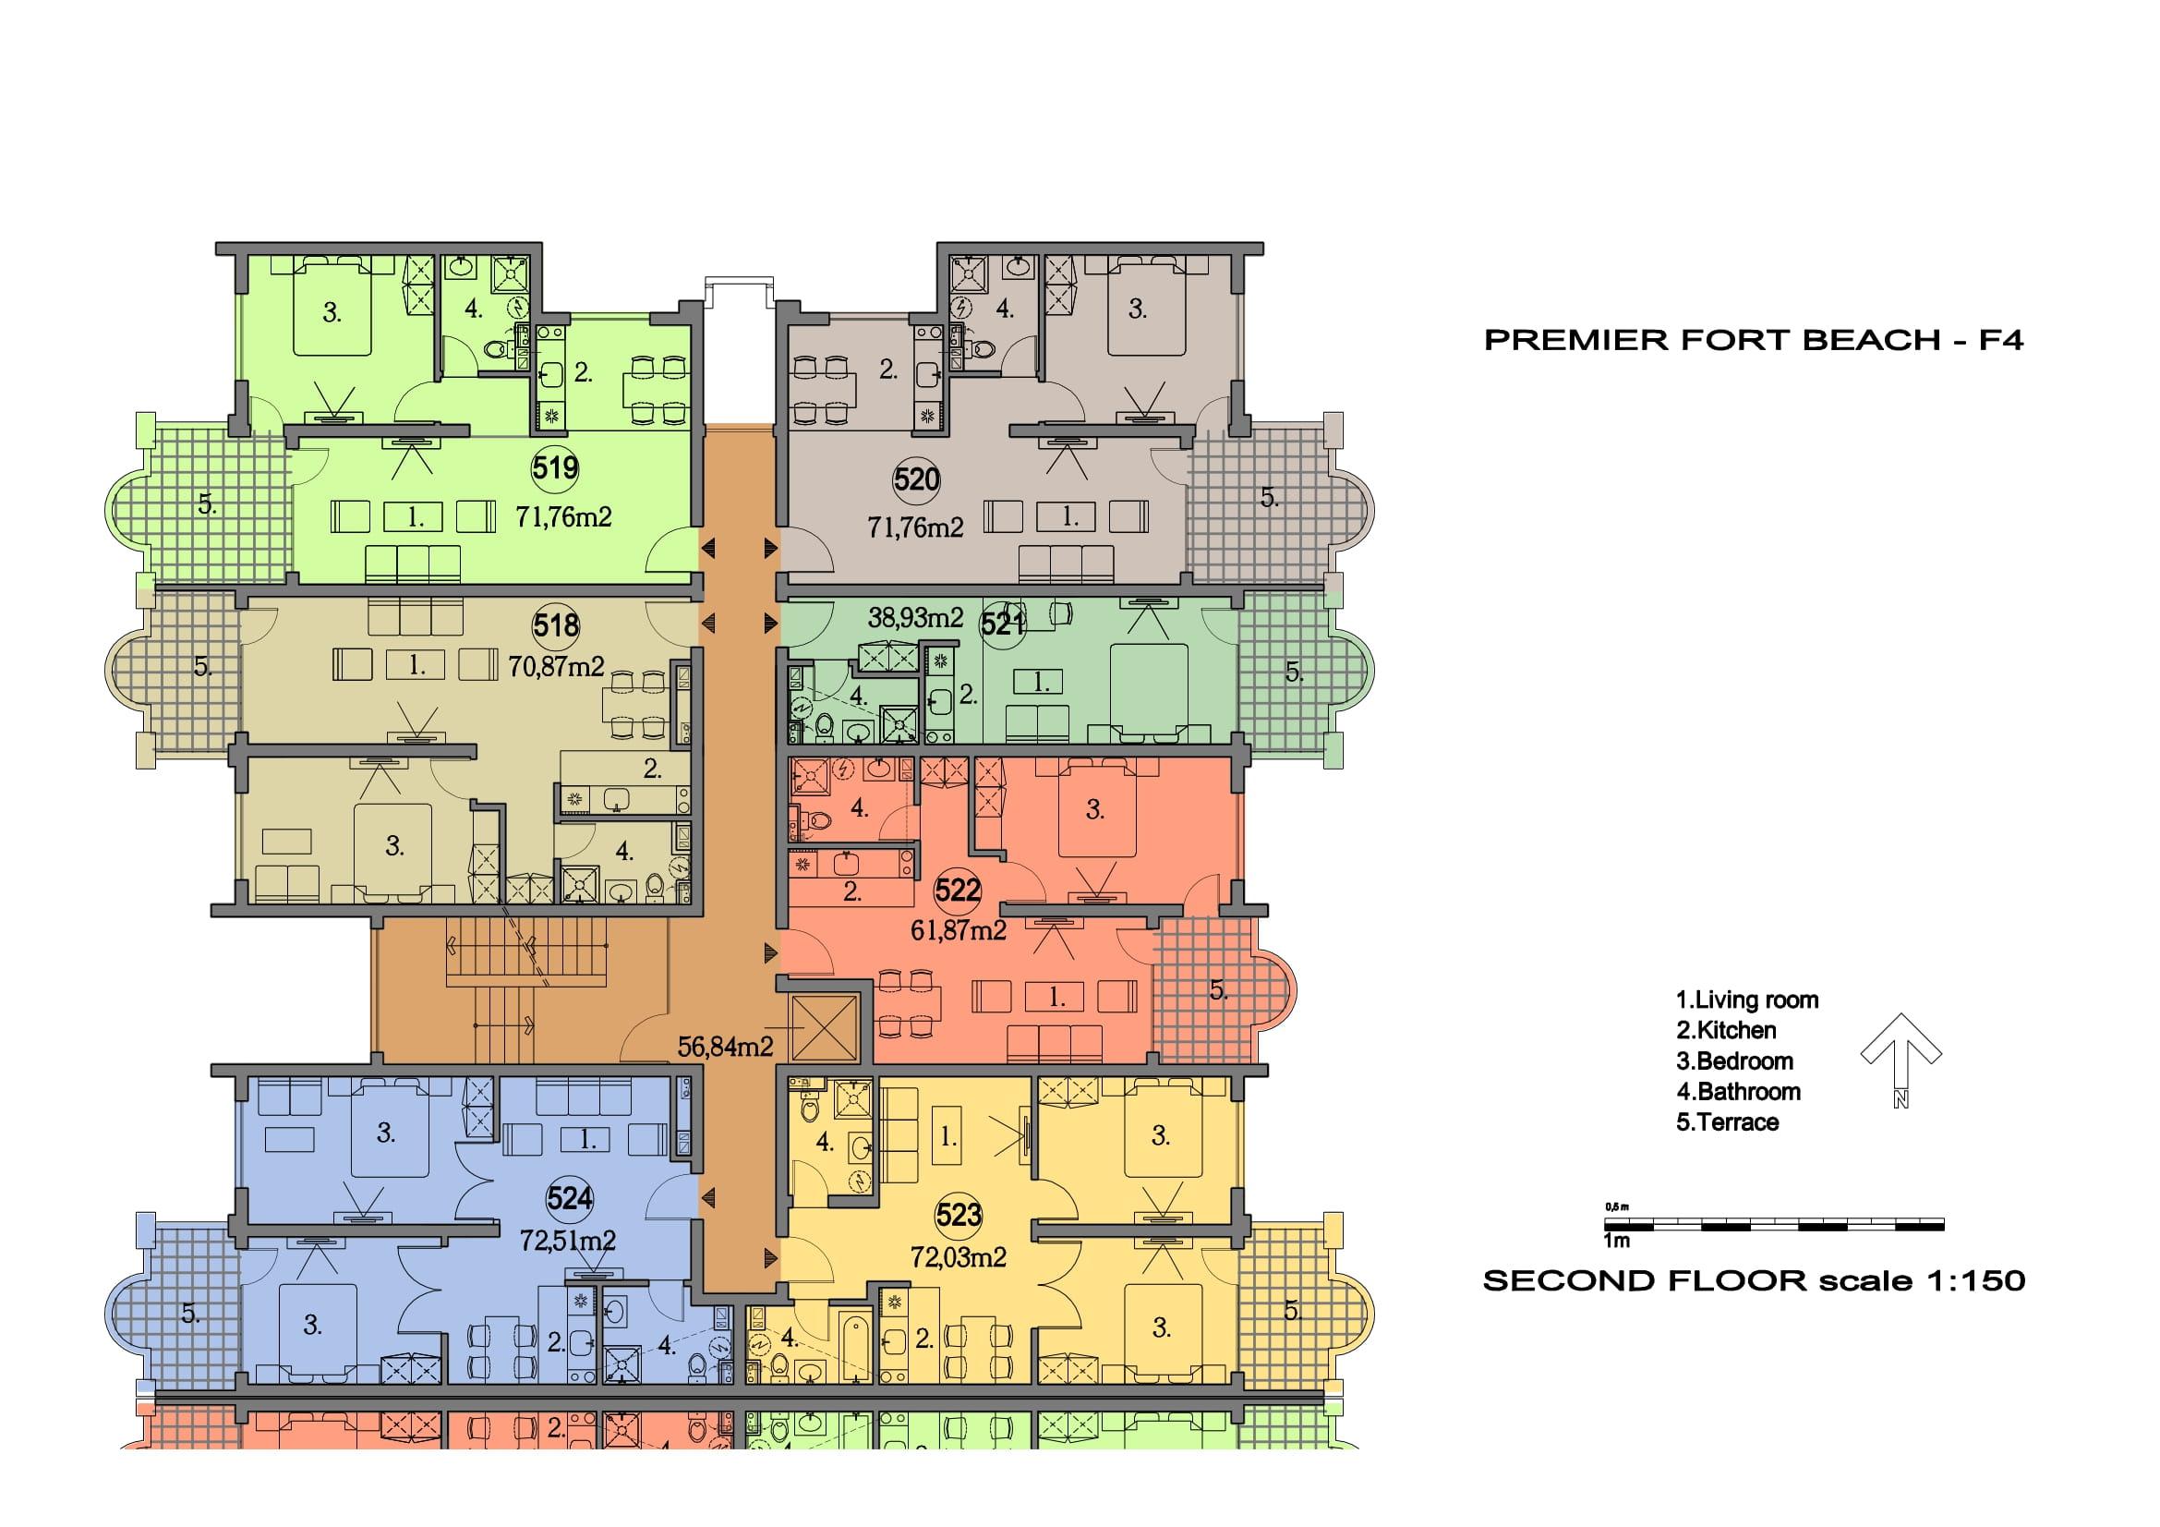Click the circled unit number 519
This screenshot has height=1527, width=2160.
point(555,467)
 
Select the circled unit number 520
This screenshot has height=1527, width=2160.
point(916,479)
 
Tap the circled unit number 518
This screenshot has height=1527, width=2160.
point(556,625)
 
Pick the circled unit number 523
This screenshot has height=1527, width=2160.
point(959,1216)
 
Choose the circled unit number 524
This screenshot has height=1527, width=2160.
point(570,1198)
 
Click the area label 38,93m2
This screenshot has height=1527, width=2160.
point(915,618)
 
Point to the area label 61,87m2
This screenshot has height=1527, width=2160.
point(959,930)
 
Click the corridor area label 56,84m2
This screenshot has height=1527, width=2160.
point(725,1047)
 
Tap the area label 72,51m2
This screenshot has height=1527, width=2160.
point(568,1241)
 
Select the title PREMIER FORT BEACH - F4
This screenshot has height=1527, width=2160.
point(1754,341)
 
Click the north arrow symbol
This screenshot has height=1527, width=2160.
point(1901,1060)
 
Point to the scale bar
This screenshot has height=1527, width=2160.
point(1774,1225)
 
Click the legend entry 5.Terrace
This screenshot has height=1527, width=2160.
point(1727,1122)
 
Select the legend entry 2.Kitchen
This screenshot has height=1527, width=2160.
point(1725,1030)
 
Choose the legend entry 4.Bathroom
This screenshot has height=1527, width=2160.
point(1738,1091)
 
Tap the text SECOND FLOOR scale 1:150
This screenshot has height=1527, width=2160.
point(1754,1280)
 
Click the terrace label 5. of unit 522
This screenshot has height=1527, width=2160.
point(1218,989)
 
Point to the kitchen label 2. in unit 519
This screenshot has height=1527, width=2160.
point(584,373)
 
